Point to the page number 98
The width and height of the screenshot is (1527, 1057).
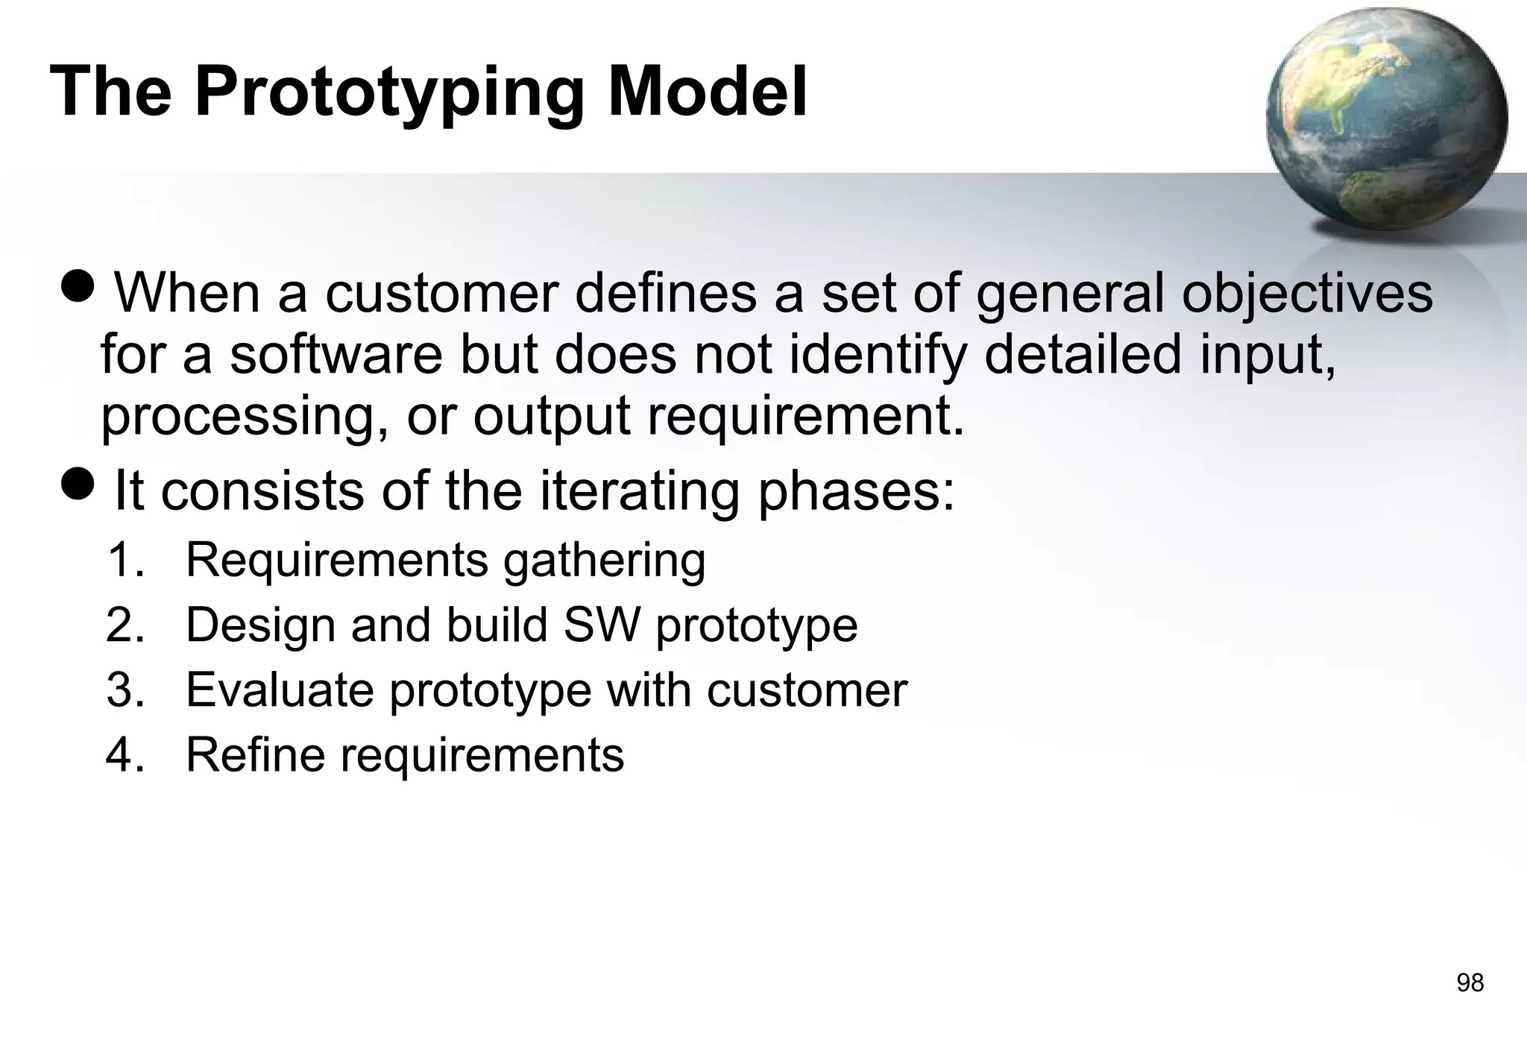(x=1470, y=983)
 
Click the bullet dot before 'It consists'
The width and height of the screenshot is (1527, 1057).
(x=78, y=484)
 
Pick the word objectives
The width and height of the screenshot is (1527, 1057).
(x=1307, y=294)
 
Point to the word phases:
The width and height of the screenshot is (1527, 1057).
(x=855, y=493)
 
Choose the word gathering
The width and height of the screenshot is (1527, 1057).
(x=604, y=561)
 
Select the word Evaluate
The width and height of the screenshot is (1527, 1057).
(x=280, y=690)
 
